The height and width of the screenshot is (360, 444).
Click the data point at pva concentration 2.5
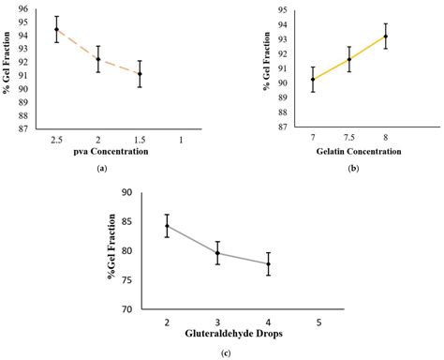click(x=57, y=29)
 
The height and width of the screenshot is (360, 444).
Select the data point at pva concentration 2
click(x=98, y=59)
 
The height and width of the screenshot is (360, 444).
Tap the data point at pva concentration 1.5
click(x=140, y=73)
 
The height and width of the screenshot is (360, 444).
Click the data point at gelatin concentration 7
click(x=313, y=79)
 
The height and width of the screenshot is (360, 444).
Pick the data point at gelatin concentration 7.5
click(x=348, y=59)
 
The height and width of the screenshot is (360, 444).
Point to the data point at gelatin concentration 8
click(x=385, y=37)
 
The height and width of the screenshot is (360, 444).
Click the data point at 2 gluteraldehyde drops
click(x=167, y=226)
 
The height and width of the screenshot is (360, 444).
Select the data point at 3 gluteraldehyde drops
click(x=217, y=253)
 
